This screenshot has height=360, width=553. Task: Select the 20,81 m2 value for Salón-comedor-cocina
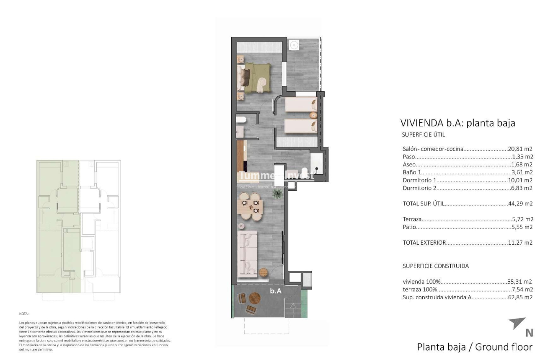pos(520,149)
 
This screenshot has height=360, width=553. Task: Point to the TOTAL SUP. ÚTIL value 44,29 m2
pos(520,204)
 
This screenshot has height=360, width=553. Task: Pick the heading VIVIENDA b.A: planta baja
pos(457,123)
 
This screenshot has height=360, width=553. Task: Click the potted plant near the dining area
pos(276,193)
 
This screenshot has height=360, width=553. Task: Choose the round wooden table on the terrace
pos(255,298)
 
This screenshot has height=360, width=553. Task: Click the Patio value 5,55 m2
pos(522,227)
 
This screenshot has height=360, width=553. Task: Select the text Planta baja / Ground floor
pos(475,347)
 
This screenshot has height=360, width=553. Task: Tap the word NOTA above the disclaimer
pos(23,313)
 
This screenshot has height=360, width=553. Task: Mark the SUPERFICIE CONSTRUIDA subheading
pos(435,266)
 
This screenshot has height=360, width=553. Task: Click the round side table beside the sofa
pos(264,272)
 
